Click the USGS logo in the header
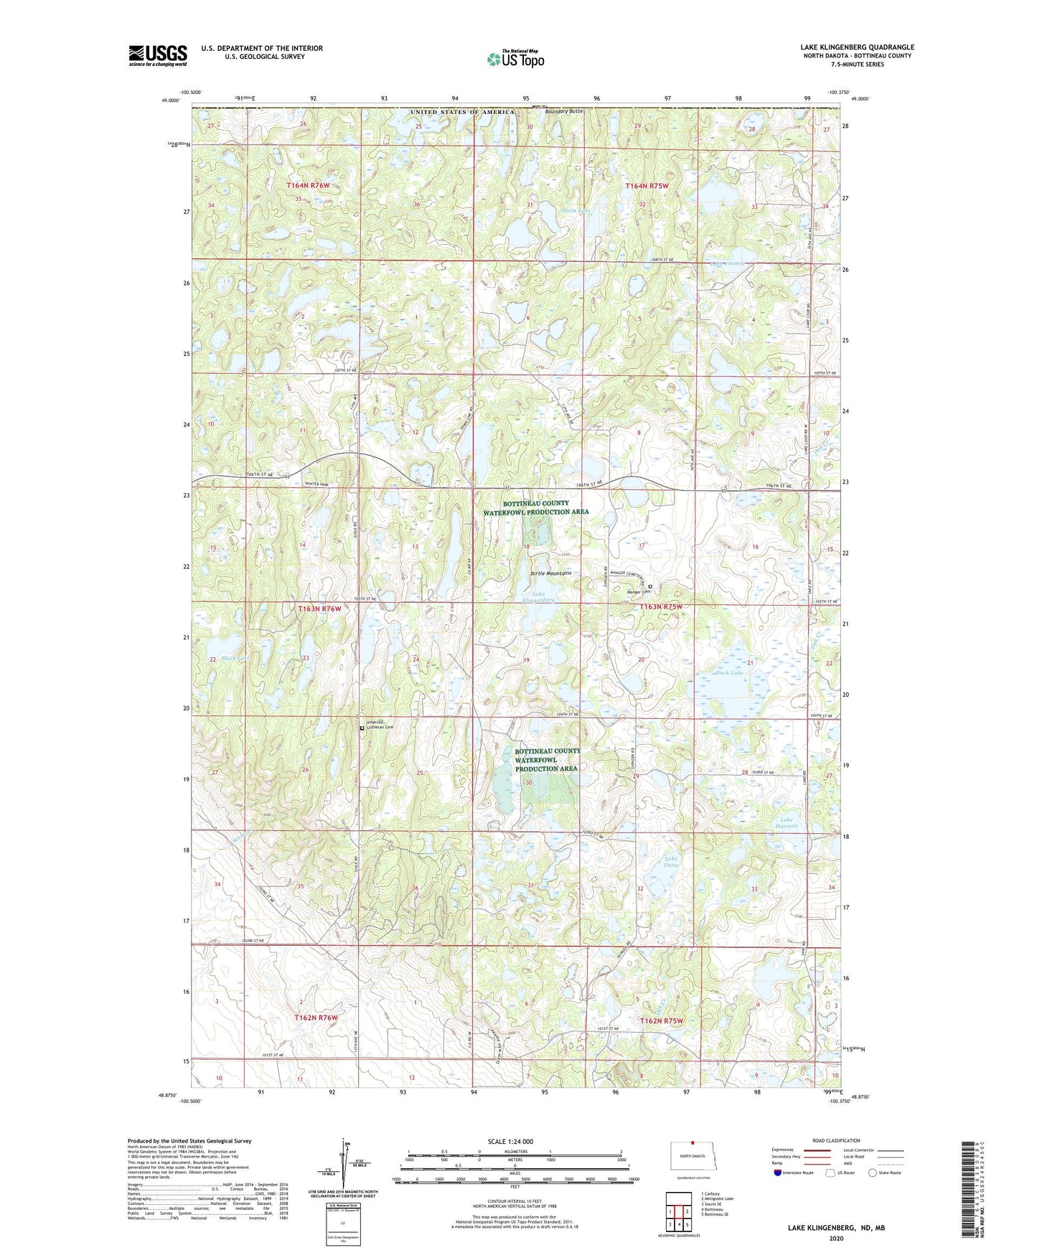(x=158, y=55)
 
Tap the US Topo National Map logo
(x=515, y=59)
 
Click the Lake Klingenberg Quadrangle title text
(x=857, y=47)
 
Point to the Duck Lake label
(x=729, y=673)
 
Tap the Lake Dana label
(x=671, y=861)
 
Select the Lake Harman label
(x=787, y=822)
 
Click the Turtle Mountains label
(x=550, y=573)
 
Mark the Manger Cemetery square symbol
(x=650, y=586)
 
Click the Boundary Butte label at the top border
(x=564, y=111)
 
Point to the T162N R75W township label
(x=661, y=1020)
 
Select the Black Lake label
(x=235, y=658)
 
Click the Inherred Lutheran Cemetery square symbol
(x=362, y=728)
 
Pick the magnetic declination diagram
(x=349, y=1163)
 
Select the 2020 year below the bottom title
(x=836, y=1238)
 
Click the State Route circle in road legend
(x=873, y=1173)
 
